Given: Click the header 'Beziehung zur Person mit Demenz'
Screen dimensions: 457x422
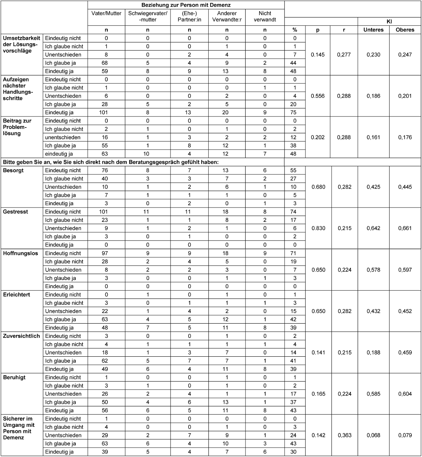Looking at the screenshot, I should click(186, 5).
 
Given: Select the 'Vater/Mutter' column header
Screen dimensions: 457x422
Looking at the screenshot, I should click(106, 13).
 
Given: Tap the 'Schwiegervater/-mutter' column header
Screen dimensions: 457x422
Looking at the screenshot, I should click(148, 16).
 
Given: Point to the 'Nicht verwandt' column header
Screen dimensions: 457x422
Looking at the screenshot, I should click(265, 16).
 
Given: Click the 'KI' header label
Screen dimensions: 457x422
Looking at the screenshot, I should click(389, 21).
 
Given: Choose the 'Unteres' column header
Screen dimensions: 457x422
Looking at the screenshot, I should click(373, 30).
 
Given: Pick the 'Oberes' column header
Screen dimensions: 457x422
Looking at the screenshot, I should click(405, 30).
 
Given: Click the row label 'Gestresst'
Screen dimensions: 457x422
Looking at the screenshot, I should click(16, 211).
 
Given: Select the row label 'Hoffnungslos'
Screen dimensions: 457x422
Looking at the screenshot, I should click(20, 253).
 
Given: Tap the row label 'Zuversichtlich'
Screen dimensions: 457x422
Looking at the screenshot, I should click(21, 336).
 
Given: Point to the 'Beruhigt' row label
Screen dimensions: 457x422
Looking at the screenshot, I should click(15, 377).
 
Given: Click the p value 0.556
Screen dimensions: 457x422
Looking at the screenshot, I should click(318, 96).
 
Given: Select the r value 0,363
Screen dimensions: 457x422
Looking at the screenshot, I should click(344, 435).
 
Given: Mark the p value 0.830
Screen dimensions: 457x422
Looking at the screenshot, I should click(318, 228).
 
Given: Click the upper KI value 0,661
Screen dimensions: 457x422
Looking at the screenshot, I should click(405, 228).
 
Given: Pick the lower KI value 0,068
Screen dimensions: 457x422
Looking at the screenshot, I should click(373, 435).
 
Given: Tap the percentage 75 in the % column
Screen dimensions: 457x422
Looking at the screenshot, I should click(295, 112).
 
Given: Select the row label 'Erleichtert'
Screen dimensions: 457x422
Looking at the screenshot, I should click(17, 295).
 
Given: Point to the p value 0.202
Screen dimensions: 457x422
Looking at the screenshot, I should click(318, 137).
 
